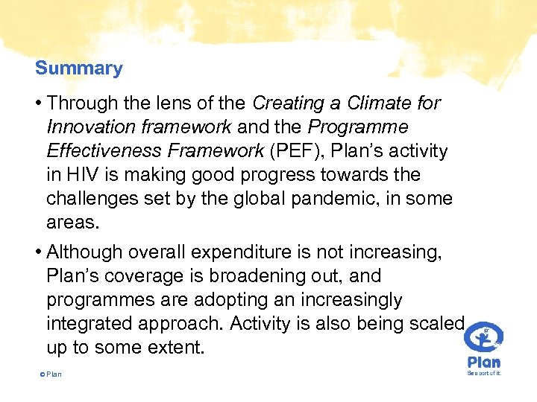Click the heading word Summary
78,68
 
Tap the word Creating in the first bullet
286,103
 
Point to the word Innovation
92,127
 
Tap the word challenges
92,199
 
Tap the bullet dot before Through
38,104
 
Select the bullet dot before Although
38,253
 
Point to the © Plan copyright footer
50,374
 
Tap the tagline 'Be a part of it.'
484,373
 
